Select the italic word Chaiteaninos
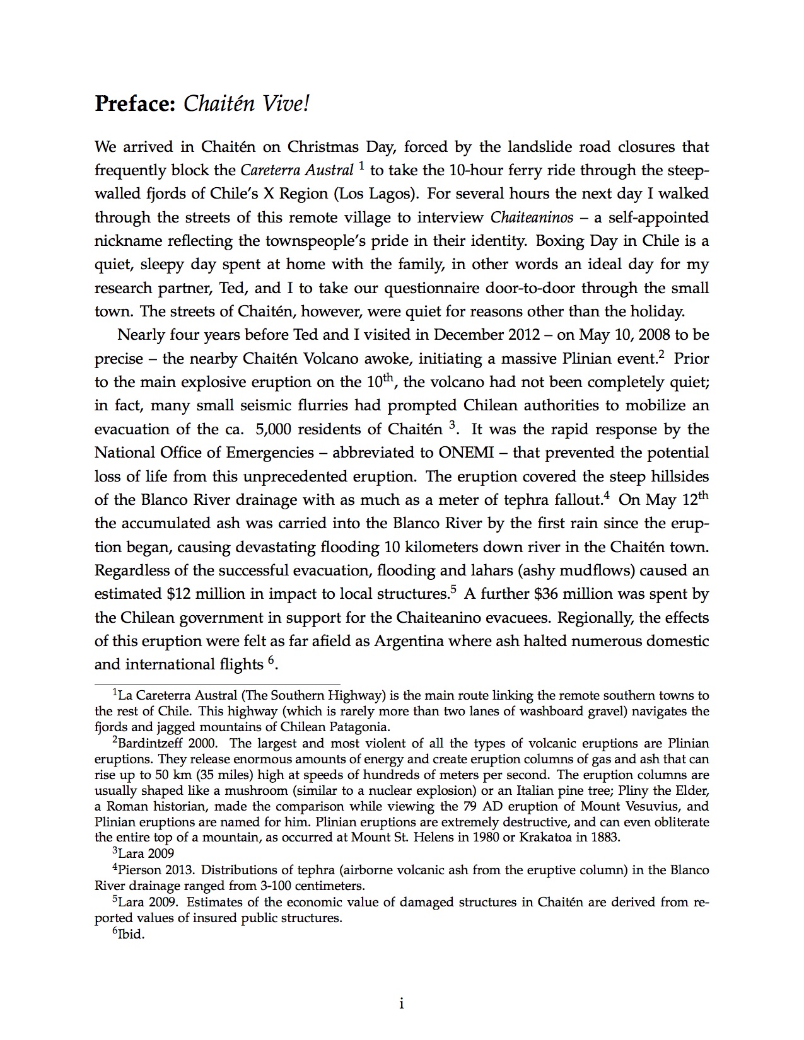point(532,217)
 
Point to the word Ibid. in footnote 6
point(132,934)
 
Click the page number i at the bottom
point(402,1003)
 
